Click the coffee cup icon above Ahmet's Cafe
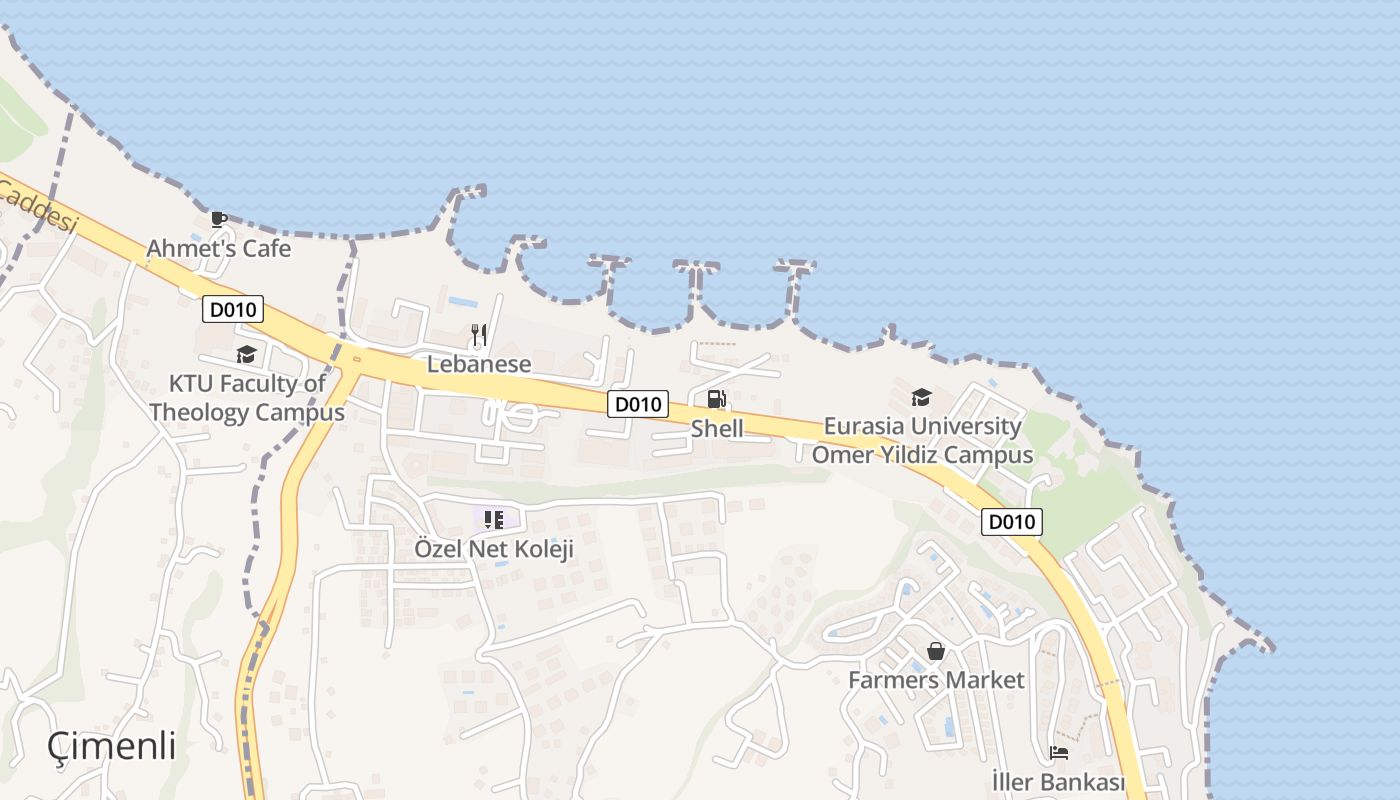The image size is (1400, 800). [x=219, y=219]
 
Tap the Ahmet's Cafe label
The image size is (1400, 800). [x=219, y=248]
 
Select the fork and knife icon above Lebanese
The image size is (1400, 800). [x=479, y=334]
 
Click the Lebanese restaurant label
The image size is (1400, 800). [x=479, y=364]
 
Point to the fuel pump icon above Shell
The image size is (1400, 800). [x=717, y=399]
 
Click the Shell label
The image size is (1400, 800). [x=717, y=429]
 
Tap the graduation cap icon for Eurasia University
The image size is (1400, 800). [x=921, y=397]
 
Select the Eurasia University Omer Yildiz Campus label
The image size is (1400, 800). [x=922, y=440]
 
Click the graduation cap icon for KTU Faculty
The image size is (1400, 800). [x=246, y=354]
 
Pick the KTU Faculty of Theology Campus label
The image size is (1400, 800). [x=247, y=398]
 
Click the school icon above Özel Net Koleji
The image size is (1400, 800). [x=493, y=519]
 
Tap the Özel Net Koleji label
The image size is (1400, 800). [x=494, y=549]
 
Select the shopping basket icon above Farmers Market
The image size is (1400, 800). [x=936, y=651]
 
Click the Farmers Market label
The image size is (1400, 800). [x=936, y=680]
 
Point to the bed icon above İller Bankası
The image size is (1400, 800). [x=1059, y=752]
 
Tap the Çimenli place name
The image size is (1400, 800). [x=112, y=746]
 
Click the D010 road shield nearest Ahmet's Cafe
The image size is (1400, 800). [x=233, y=309]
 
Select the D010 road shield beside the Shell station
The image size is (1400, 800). [x=638, y=404]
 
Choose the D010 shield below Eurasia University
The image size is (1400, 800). [x=1012, y=522]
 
